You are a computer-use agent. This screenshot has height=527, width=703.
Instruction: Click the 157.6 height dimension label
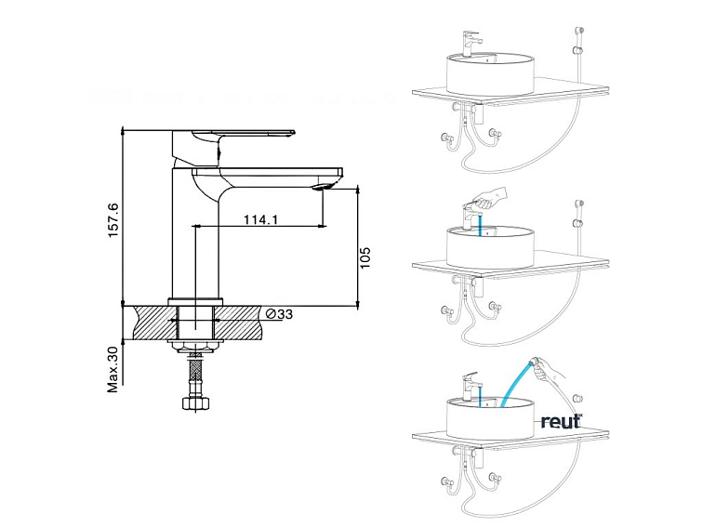click(x=113, y=219)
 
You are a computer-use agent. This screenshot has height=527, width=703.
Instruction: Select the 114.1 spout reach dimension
click(x=262, y=219)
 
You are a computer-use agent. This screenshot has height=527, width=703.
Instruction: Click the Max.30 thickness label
click(x=113, y=369)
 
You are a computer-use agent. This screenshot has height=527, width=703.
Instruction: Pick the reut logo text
click(x=561, y=421)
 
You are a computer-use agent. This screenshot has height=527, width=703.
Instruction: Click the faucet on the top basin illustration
click(x=471, y=43)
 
